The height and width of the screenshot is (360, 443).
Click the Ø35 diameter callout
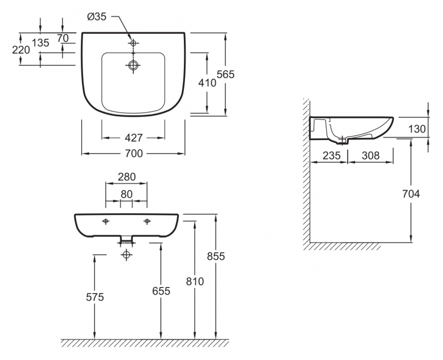(97, 17)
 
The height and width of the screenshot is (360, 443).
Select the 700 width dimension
(134, 153)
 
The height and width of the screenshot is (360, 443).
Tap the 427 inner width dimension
(133, 137)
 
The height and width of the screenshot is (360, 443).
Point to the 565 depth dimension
(226, 74)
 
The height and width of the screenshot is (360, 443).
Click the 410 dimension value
(207, 83)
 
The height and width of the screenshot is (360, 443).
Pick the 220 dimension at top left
(21, 50)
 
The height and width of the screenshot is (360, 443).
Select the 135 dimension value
(40, 43)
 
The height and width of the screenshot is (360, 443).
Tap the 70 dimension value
(63, 38)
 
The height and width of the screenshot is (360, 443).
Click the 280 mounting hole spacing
(127, 177)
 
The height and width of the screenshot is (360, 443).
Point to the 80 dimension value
(127, 194)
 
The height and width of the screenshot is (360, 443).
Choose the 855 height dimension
(216, 256)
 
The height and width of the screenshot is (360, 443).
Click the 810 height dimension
(195, 281)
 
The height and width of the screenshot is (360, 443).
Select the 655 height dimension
(161, 291)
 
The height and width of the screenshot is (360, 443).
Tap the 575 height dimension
(95, 297)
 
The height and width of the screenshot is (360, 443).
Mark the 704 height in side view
(411, 193)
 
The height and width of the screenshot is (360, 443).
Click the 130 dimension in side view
(417, 129)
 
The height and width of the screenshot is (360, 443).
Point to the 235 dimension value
(332, 156)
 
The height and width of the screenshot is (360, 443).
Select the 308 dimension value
(370, 156)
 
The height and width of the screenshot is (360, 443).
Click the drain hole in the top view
(133, 65)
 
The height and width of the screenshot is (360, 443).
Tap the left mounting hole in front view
(106, 221)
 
